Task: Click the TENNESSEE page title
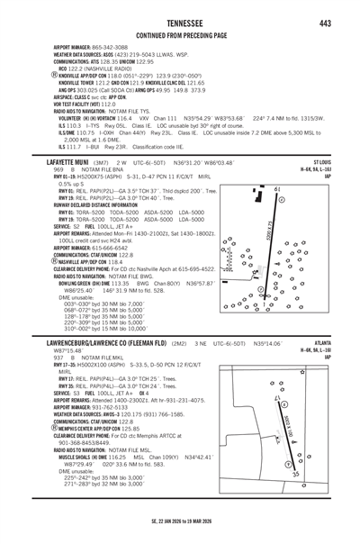coord(179,23)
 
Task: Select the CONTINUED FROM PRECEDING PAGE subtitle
coord(179,35)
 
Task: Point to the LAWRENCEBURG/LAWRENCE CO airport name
coord(79,343)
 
